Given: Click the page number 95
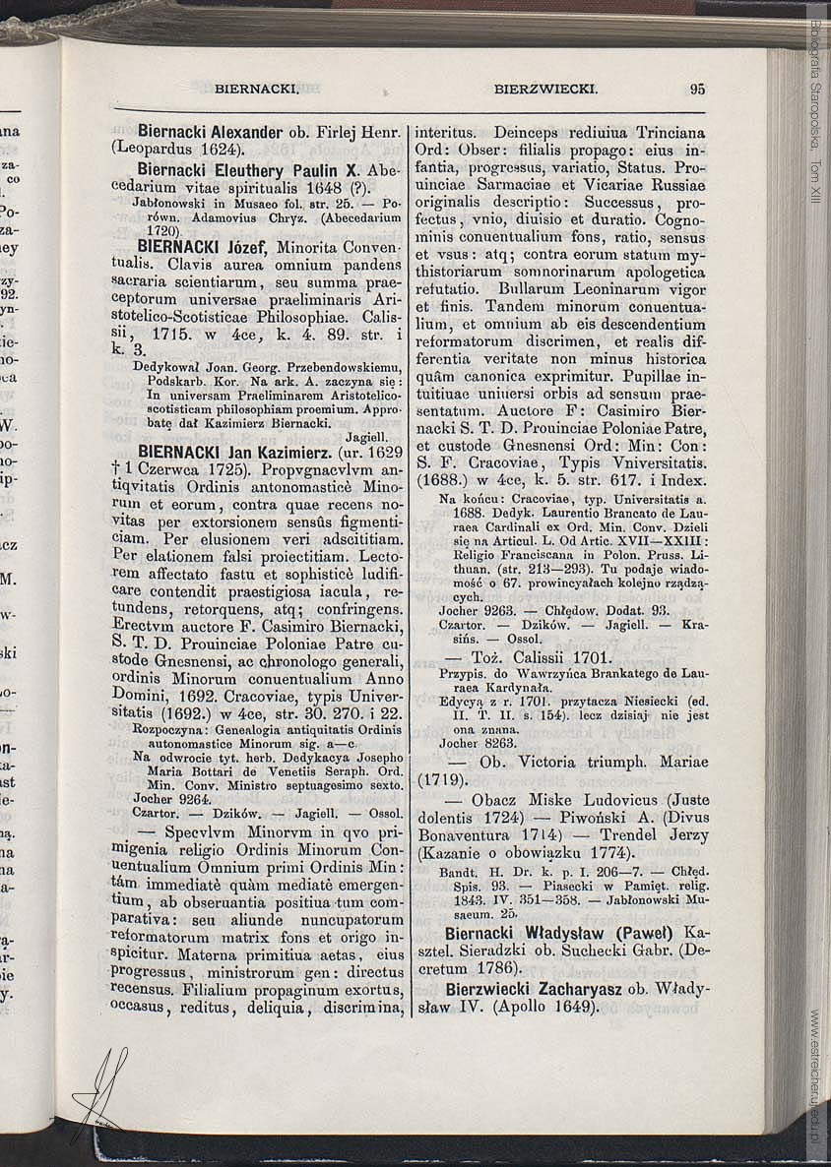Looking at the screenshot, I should pyautogui.click(x=697, y=89).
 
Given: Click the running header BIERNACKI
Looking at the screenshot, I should pyautogui.click(x=256, y=89).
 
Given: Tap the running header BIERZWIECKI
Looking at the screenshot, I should pyautogui.click(x=545, y=89).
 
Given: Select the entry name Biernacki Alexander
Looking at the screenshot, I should pyautogui.click(x=210, y=131).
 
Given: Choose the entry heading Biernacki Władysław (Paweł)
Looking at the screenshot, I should pyautogui.click(x=557, y=932).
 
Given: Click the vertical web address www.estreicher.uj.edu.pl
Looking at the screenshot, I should pyautogui.click(x=815, y=1073).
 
